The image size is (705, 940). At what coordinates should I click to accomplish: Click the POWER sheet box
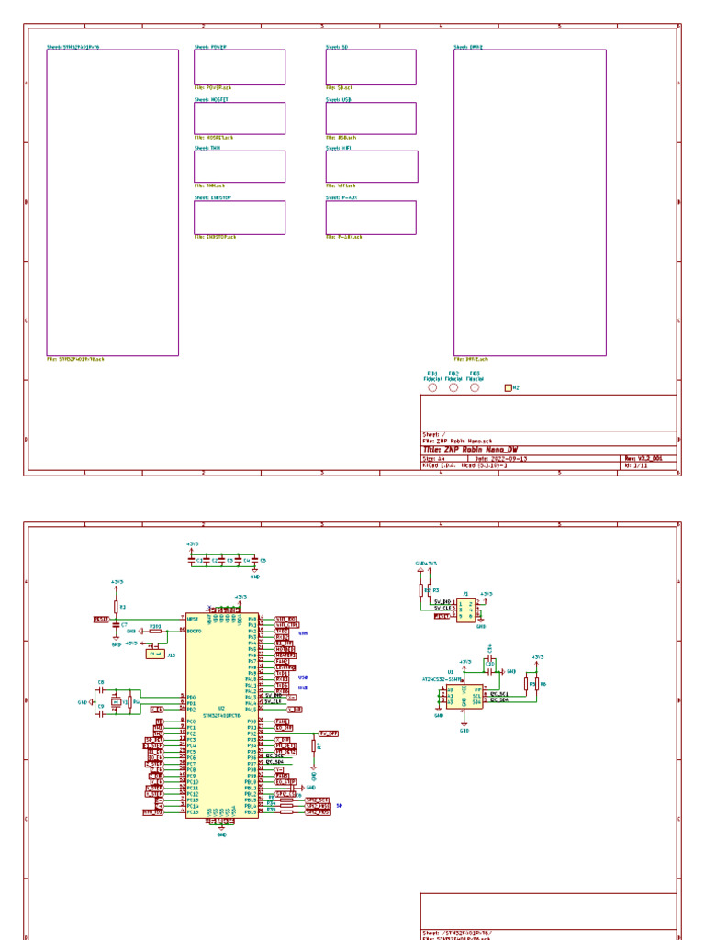click(x=239, y=67)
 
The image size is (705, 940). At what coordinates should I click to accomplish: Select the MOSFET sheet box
click(x=239, y=117)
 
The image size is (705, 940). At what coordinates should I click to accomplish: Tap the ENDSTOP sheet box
click(x=239, y=218)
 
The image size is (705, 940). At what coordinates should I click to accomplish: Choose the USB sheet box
click(x=370, y=117)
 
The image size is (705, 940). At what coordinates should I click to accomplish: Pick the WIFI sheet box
click(x=371, y=166)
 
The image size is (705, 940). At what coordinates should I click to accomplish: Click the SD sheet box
click(x=370, y=67)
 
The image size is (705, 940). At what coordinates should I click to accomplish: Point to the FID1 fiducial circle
click(x=432, y=387)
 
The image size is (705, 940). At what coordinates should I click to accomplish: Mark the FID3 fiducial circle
click(x=475, y=387)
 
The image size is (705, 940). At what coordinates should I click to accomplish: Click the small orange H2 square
click(x=508, y=388)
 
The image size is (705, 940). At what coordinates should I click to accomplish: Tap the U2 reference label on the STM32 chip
click(x=221, y=708)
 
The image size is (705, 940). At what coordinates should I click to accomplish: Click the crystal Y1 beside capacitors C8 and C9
click(x=115, y=702)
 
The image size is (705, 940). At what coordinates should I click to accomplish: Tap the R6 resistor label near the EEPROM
click(x=543, y=684)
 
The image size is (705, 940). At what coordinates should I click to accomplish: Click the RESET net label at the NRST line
click(x=101, y=620)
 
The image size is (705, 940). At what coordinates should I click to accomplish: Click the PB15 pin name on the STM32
click(x=251, y=812)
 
